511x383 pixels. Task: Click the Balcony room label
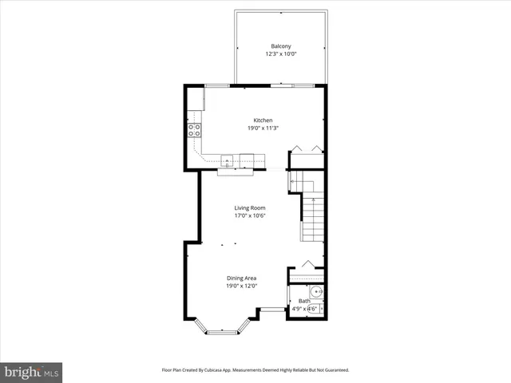(x=279, y=46)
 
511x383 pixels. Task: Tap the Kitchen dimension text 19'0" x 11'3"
(x=263, y=128)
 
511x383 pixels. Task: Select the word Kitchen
(x=263, y=120)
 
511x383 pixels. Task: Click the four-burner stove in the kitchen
(x=194, y=131)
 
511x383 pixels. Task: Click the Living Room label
(x=250, y=207)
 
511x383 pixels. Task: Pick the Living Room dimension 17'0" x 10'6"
(x=250, y=215)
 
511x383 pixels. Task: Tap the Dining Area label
(x=241, y=278)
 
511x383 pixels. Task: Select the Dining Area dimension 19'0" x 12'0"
(x=241, y=286)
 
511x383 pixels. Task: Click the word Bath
(x=304, y=301)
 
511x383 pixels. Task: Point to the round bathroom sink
(x=315, y=293)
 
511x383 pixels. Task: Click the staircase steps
(x=313, y=219)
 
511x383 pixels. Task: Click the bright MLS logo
(x=32, y=372)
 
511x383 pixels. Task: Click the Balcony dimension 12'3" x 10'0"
(x=279, y=54)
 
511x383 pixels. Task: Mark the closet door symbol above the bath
(x=307, y=265)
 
